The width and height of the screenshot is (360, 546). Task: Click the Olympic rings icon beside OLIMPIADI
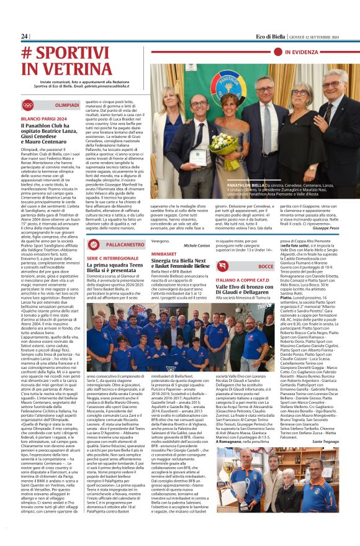point(28,105)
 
